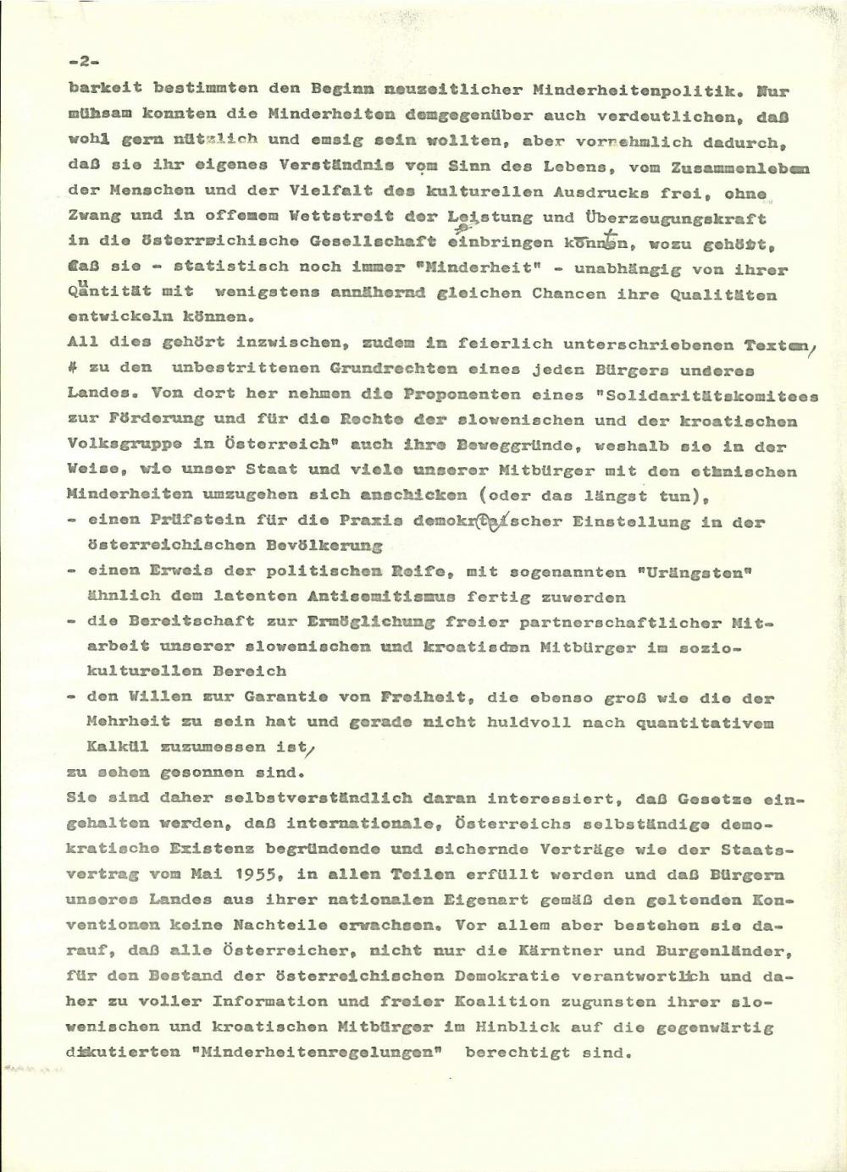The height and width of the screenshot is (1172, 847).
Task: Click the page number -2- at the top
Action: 85,62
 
